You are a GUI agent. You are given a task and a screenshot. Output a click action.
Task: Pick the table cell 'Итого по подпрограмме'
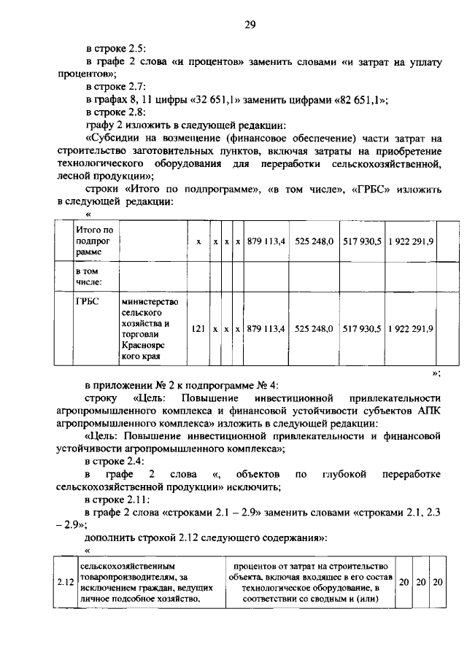click(x=95, y=241)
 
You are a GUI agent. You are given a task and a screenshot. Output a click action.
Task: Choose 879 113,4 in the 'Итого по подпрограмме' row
click(x=265, y=241)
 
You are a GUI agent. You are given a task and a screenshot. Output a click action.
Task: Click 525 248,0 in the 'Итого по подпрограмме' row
click(x=314, y=241)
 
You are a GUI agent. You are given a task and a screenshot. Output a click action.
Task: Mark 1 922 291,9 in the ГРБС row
click(x=410, y=329)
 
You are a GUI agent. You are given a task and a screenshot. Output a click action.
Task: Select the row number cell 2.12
click(x=65, y=581)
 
